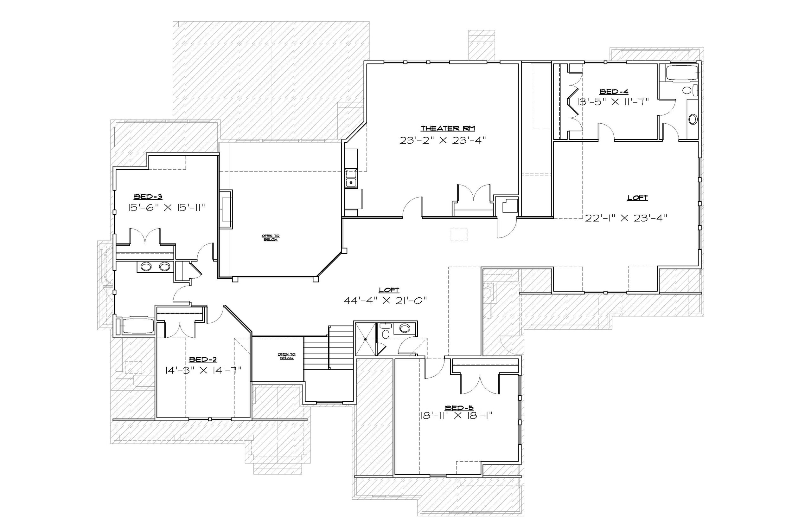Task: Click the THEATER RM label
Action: tap(448, 128)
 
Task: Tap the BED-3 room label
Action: tap(148, 197)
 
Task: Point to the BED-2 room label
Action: tap(203, 360)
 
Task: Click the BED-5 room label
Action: tap(459, 408)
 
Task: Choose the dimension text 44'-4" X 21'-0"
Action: tap(385, 300)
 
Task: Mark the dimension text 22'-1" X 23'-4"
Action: tap(625, 218)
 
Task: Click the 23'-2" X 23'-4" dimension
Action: tap(442, 140)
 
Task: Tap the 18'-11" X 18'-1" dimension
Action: tap(457, 416)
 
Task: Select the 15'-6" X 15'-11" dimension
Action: tap(167, 208)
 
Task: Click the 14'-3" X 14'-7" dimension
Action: tap(203, 370)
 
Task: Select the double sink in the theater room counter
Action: tap(350, 178)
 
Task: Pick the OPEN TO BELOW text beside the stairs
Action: tap(286, 356)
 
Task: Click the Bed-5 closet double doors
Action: tap(480, 384)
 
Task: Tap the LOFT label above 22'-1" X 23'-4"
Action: tap(637, 198)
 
